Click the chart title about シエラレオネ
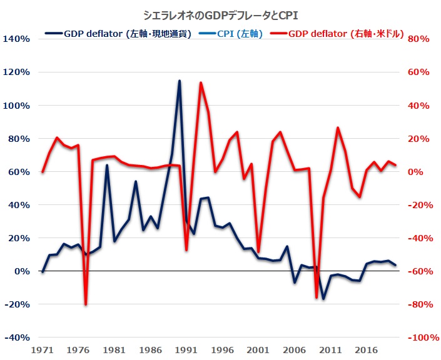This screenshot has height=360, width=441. tap(220, 14)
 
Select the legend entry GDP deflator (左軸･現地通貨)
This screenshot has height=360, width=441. tap(128, 33)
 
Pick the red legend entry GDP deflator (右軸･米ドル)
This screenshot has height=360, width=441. tap(347, 33)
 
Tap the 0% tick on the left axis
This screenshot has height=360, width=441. tap(21, 271)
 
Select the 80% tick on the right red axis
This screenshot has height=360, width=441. tap(418, 39)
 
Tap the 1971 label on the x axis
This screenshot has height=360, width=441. tap(42, 351)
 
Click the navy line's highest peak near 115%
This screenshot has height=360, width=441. tap(180, 81)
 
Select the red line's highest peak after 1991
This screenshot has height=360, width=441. tap(201, 82)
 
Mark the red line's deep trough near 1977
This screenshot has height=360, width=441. tap(86, 304)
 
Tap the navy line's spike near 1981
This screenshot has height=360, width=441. tap(107, 166)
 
